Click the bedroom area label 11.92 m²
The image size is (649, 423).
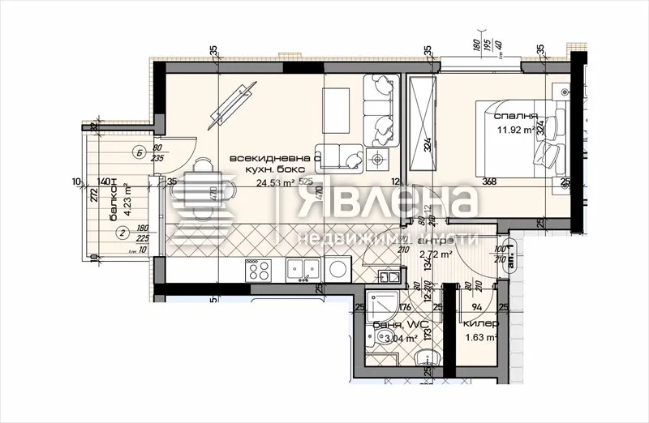(x=516, y=129)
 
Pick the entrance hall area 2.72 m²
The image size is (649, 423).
(x=435, y=255)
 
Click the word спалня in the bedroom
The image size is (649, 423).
(x=518, y=116)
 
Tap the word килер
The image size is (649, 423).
(x=481, y=324)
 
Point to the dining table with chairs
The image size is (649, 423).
(x=203, y=196)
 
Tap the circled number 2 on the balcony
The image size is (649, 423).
(x=121, y=234)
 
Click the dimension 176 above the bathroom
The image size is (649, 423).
(x=406, y=306)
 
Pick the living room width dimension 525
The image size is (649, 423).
(x=305, y=182)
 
